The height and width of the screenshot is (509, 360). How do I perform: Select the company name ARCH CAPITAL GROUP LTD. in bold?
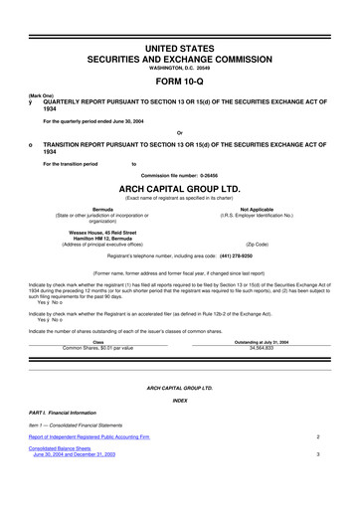(180, 184)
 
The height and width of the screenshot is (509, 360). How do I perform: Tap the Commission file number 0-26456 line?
(180, 172)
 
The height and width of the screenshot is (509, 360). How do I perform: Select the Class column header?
(97, 342)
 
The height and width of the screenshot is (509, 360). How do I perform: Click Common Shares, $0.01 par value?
(97, 348)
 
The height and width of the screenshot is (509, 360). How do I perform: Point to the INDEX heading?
(180, 400)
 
